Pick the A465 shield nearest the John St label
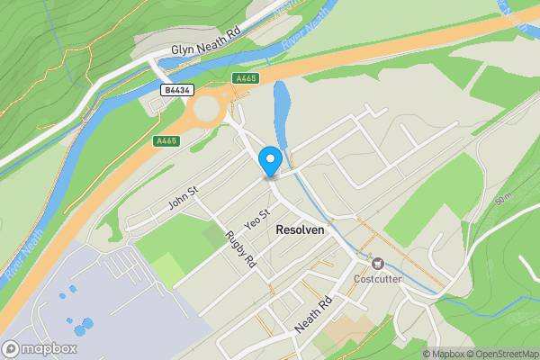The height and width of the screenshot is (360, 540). (166, 141)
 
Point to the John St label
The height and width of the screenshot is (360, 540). (183, 198)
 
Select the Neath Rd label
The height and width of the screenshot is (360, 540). (315, 314)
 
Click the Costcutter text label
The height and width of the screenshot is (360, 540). (378, 279)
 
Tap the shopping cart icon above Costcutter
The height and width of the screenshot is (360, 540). (378, 264)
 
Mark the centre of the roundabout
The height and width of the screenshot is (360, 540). (206, 110)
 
